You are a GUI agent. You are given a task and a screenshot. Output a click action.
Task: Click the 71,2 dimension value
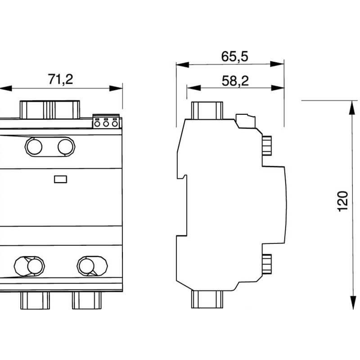(x=60, y=79)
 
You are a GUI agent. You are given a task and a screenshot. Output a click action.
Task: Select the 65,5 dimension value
(x=234, y=57)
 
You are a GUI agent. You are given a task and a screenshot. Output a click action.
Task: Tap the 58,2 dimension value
(x=235, y=81)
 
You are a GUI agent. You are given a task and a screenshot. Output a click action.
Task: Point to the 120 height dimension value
(x=343, y=201)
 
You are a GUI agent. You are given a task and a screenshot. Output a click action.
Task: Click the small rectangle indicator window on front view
(x=61, y=179)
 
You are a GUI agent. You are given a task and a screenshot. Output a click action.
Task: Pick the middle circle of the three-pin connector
(x=106, y=124)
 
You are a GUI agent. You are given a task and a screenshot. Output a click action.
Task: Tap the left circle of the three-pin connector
(x=97, y=124)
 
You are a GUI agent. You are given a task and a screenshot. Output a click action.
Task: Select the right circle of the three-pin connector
(x=115, y=124)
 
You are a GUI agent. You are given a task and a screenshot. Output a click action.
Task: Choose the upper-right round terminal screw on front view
(x=66, y=147)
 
